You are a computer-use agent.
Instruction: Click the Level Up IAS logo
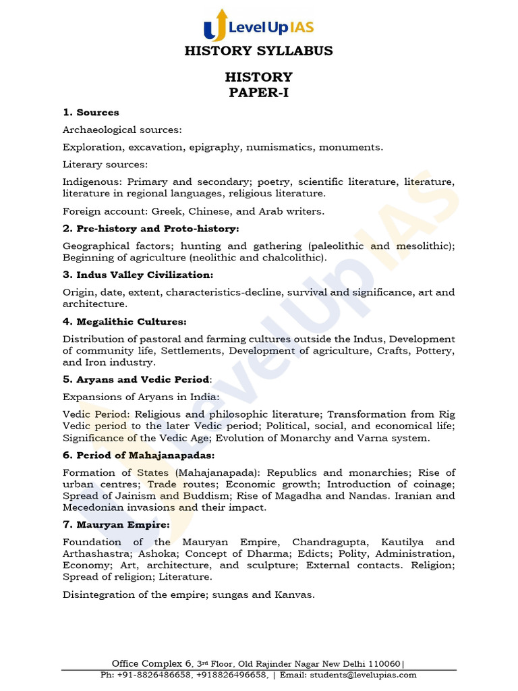[258, 26]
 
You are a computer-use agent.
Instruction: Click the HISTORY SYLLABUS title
[258, 51]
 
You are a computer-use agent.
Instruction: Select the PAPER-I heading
[258, 92]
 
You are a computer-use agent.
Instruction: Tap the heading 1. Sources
[91, 112]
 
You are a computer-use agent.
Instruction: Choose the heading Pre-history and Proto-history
[151, 229]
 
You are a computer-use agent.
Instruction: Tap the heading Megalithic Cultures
[125, 321]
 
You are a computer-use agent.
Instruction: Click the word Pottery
[432, 351]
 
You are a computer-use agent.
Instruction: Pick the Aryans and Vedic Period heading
[137, 379]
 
